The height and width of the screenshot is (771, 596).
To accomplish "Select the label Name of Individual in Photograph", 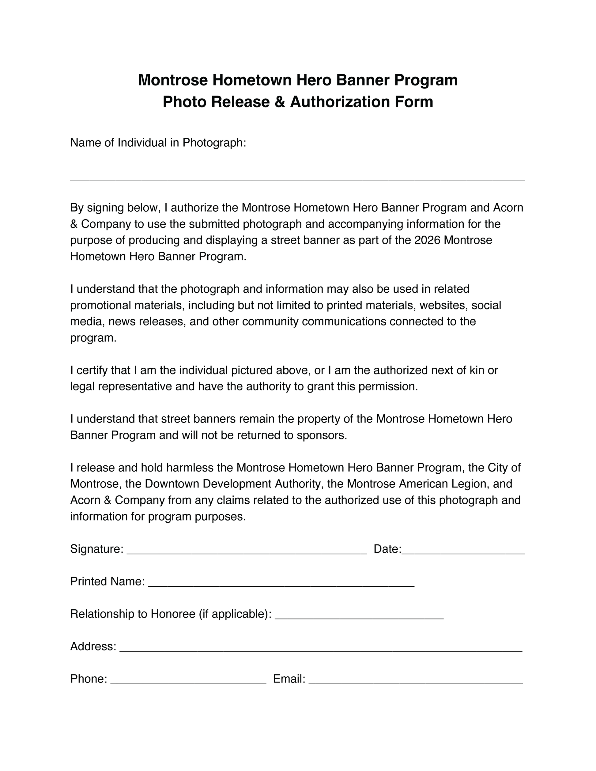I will [158, 143].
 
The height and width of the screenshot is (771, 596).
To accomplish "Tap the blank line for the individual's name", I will [297, 179].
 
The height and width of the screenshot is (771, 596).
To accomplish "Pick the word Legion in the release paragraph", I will [469, 484].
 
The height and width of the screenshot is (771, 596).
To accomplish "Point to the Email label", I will [289, 679].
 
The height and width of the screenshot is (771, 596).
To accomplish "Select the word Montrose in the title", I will [173, 80].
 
